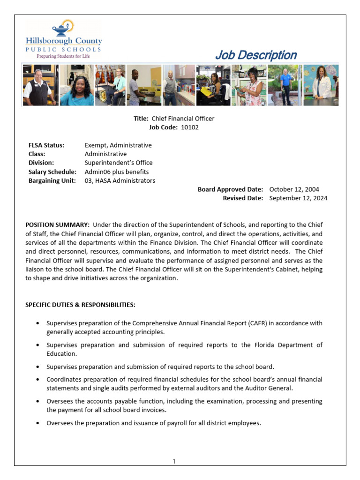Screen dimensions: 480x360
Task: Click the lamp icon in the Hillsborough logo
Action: pos(62,28)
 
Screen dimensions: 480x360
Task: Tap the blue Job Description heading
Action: pos(255,55)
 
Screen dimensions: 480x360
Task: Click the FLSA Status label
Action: pos(46,145)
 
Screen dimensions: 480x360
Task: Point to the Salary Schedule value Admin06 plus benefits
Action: pos(117,172)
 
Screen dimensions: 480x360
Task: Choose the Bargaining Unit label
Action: pos(52,180)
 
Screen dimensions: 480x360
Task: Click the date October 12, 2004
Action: pos(294,189)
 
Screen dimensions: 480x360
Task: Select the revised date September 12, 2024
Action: pos(298,198)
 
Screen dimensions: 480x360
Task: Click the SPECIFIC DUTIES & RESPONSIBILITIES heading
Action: pos(80,305)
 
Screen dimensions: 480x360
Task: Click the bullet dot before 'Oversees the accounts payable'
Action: pos(37,402)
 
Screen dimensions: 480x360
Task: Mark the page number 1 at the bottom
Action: pos(174,461)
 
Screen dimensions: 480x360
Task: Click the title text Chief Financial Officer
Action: pos(183,119)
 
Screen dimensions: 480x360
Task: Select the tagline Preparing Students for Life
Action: pos(63,56)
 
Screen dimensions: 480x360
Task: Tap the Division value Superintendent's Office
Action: pos(119,163)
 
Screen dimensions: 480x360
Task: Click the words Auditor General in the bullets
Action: pos(274,388)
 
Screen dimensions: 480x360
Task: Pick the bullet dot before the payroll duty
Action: pos(37,423)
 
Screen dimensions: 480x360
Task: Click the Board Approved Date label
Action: pos(230,189)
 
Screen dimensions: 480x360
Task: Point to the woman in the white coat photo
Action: pos(321,85)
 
